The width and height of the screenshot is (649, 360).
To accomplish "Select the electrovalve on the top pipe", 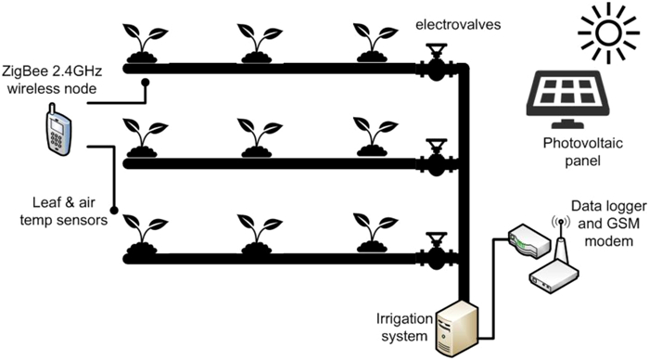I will point(433,64).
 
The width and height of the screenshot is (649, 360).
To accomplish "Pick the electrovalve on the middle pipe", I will point(433,161).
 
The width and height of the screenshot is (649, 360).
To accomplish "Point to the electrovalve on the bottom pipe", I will point(433,255).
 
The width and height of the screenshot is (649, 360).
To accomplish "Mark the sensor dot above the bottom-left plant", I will point(114,209).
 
